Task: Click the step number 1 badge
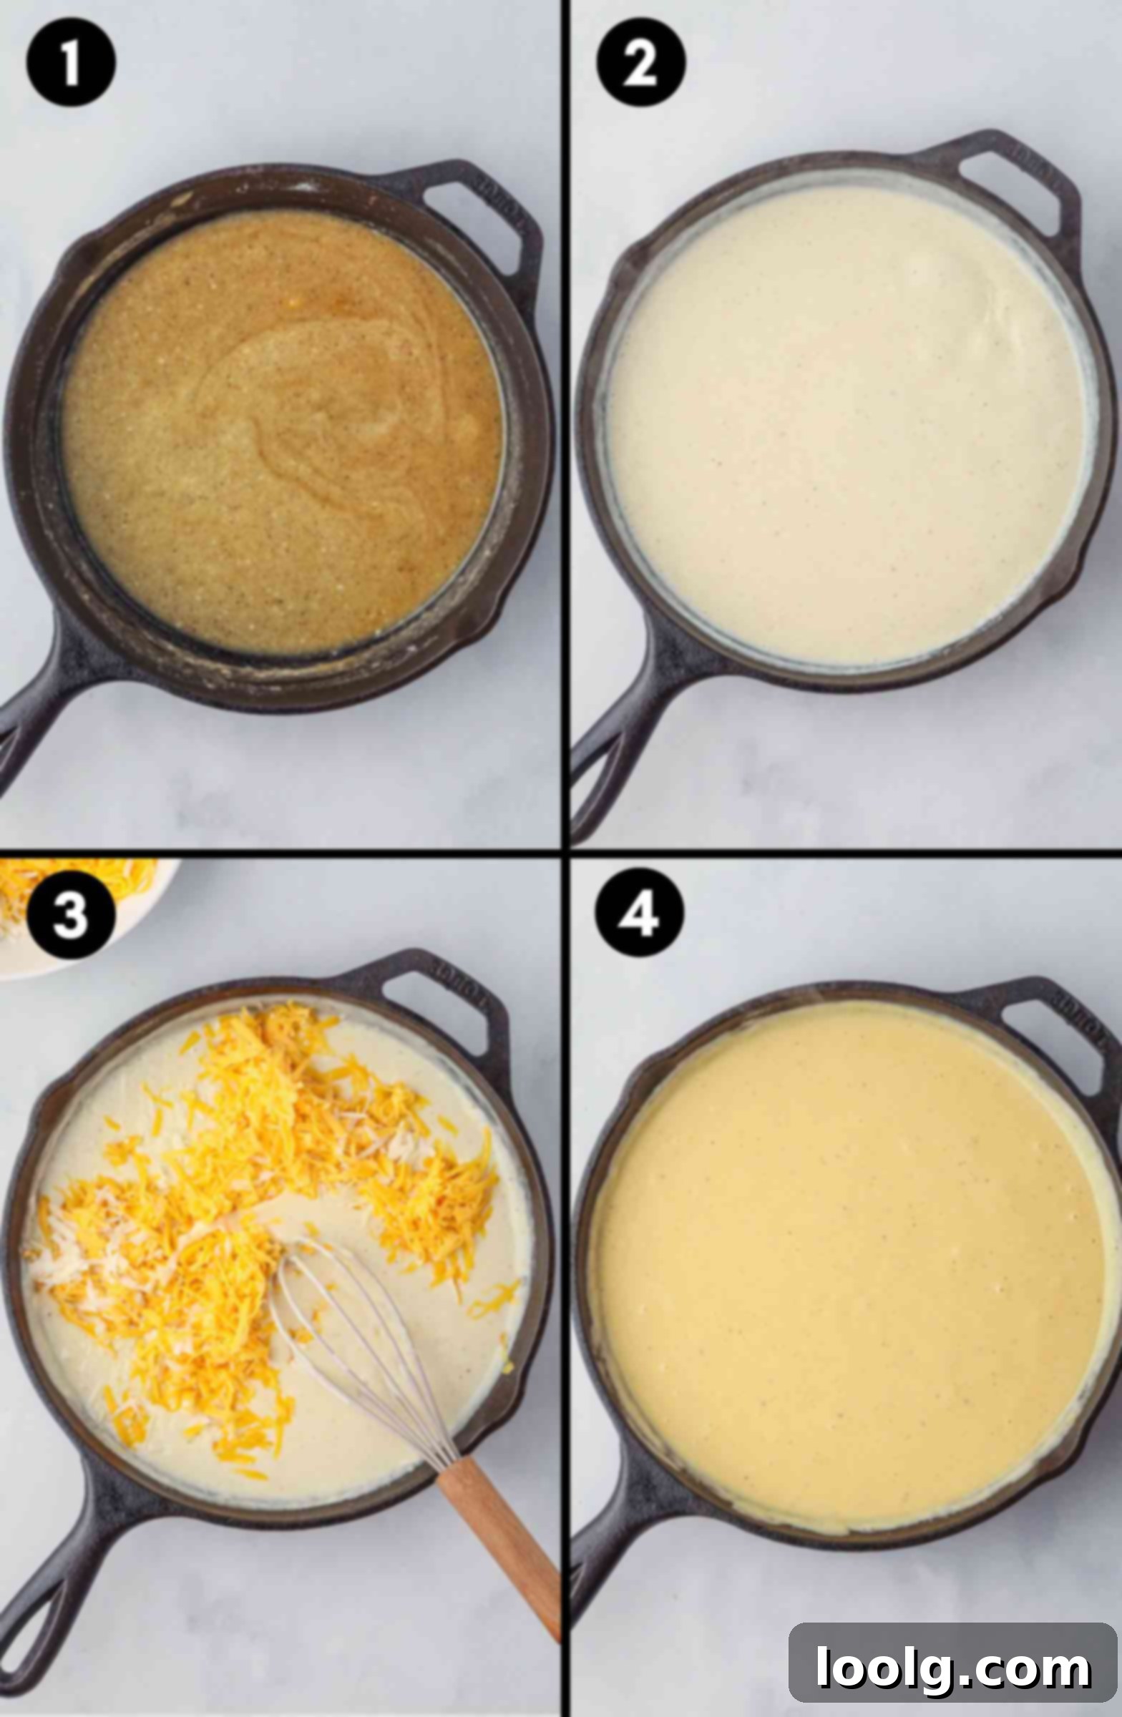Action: [71, 64]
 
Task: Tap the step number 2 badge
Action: [640, 64]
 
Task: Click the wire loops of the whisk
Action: [361, 1349]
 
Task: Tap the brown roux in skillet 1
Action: [281, 433]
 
